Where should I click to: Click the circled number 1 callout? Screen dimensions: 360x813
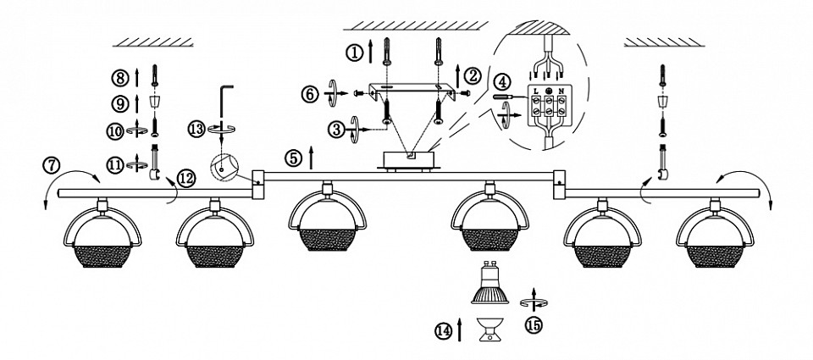(x=355, y=53)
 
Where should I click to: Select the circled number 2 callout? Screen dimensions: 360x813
(x=473, y=75)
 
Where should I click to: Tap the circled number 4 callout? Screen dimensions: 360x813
(x=504, y=82)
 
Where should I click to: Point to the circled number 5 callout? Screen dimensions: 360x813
(x=292, y=158)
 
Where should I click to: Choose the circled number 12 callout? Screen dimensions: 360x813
(x=186, y=179)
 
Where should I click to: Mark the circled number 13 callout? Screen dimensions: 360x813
(x=196, y=129)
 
